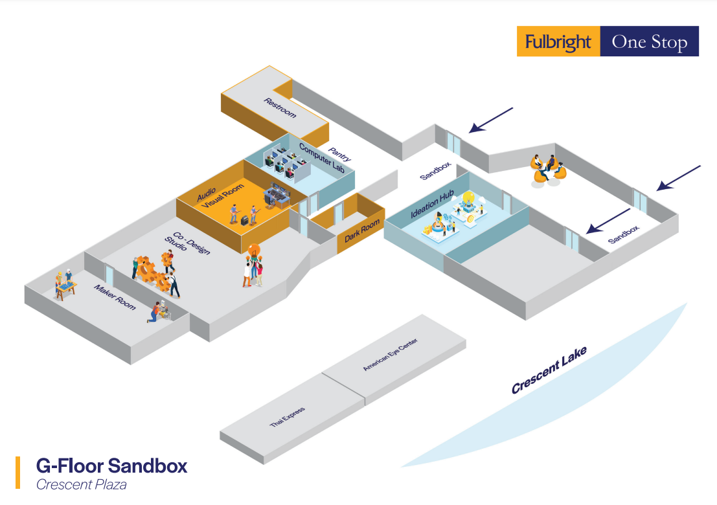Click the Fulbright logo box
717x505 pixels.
pos(558,42)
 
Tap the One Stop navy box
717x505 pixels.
pos(649,42)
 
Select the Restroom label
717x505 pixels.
pos(280,107)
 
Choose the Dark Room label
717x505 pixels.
pos(362,231)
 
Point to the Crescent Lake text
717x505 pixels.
pos(549,370)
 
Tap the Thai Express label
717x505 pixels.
pos(287,416)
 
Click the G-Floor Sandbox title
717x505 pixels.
pos(111,465)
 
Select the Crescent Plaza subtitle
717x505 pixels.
pos(81,484)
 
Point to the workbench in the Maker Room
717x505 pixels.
pos(65,286)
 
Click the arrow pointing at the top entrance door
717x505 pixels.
pos(491,120)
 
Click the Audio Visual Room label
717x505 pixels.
pos(221,194)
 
